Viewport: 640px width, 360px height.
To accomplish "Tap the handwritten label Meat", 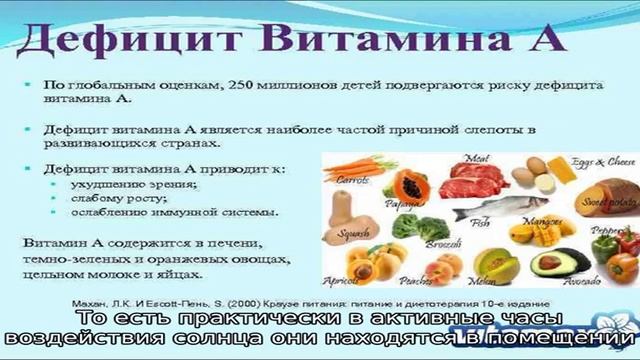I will click(x=477, y=157).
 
